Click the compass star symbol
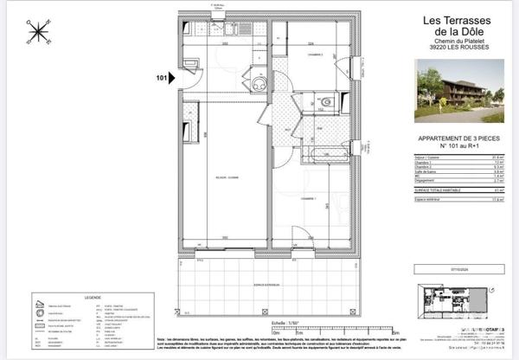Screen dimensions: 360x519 (x=38, y=32)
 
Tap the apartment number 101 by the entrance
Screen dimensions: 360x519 (x=161, y=78)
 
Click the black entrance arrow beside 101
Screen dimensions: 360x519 (x=173, y=78)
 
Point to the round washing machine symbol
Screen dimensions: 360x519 (x=258, y=85)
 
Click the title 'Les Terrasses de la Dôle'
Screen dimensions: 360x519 (x=454, y=27)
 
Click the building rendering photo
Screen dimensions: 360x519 (x=459, y=90)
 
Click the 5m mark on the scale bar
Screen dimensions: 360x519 (x=344, y=331)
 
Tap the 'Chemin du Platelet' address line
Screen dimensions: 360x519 (x=454, y=41)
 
